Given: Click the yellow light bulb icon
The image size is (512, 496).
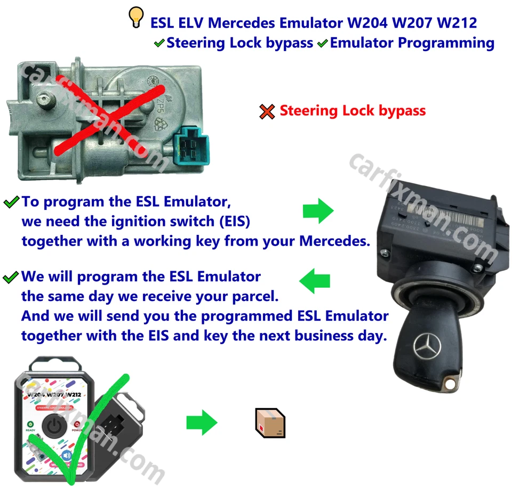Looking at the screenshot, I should [137, 18].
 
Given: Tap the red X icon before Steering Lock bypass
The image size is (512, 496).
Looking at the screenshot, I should [267, 111].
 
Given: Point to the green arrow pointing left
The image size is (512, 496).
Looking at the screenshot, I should [315, 281].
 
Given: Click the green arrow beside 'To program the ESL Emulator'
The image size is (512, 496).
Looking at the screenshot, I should [318, 212].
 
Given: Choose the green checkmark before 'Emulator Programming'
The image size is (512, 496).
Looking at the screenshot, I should [322, 44].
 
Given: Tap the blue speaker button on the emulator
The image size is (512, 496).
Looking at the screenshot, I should [67, 456].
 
